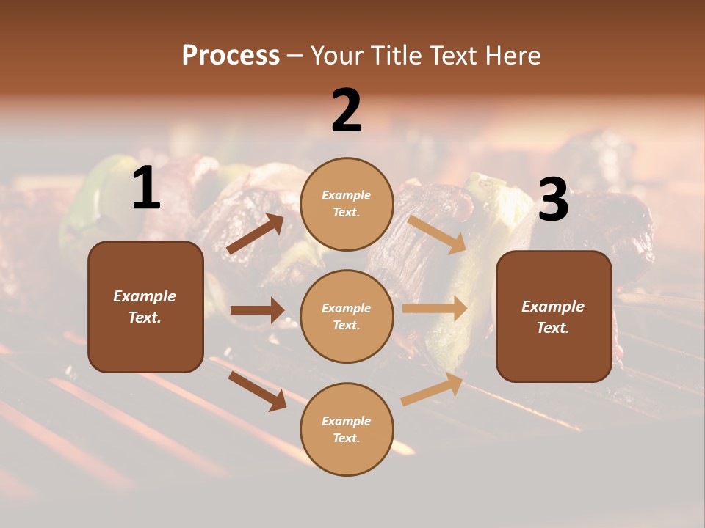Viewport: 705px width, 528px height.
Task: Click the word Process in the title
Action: (x=231, y=56)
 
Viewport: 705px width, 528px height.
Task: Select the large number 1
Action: (x=146, y=188)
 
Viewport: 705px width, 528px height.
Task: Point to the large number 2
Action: (x=347, y=111)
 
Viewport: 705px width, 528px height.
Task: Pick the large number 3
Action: (x=554, y=200)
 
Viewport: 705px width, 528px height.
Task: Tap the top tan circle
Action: (x=347, y=204)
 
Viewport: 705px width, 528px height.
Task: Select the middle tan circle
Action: (x=347, y=316)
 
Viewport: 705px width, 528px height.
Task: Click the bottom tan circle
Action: (x=347, y=429)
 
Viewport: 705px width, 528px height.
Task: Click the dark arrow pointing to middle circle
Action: (x=257, y=310)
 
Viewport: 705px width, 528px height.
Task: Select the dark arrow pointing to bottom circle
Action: (x=258, y=390)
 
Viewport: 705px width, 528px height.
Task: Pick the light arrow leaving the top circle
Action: (x=437, y=233)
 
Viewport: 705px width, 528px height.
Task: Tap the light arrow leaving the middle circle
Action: (x=435, y=309)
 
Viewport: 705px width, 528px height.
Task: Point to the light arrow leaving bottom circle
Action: (x=433, y=389)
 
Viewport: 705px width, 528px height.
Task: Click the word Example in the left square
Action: (x=145, y=296)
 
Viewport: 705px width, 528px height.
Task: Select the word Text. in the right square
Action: (x=553, y=328)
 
